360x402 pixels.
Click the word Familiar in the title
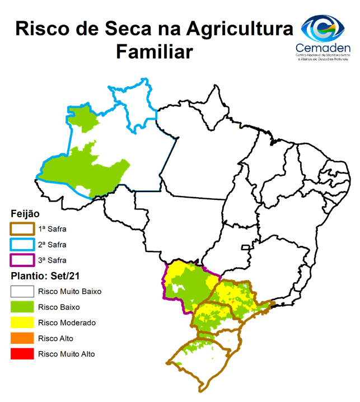(x=154, y=52)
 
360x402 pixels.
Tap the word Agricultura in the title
(x=240, y=28)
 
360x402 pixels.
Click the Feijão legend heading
(x=25, y=214)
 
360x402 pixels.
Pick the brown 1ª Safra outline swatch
(x=22, y=228)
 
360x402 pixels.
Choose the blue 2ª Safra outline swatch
(x=22, y=245)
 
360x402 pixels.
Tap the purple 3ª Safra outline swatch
(x=22, y=260)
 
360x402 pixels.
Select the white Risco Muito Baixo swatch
(x=22, y=292)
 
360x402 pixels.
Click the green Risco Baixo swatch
(x=22, y=307)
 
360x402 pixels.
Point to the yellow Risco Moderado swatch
(x=22, y=322)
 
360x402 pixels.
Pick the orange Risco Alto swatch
(x=22, y=338)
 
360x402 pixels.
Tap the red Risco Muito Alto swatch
(x=22, y=354)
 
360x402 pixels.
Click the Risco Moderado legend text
(x=67, y=322)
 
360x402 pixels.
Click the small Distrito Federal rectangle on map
(x=245, y=247)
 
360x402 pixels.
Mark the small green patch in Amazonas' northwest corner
(x=82, y=116)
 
